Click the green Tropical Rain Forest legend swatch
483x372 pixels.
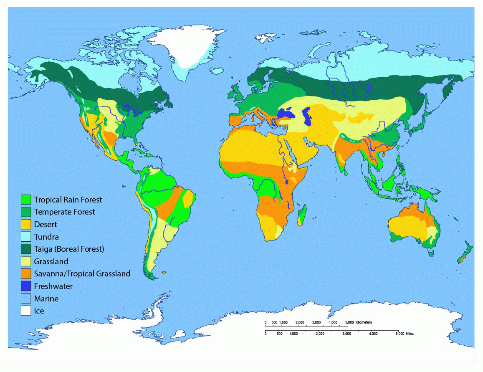[27, 200]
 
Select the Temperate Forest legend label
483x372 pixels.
[64, 212]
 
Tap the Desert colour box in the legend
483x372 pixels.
[27, 224]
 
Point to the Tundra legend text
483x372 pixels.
[46, 237]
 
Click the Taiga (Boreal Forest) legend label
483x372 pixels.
[69, 249]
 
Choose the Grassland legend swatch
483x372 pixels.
[27, 261]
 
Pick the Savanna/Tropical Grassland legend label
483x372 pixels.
[82, 274]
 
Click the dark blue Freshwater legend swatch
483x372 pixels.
[27, 286]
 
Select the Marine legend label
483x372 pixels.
[46, 299]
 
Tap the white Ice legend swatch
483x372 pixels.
[27, 311]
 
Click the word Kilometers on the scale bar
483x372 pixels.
[363, 323]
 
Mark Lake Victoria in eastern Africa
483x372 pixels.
[287, 180]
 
